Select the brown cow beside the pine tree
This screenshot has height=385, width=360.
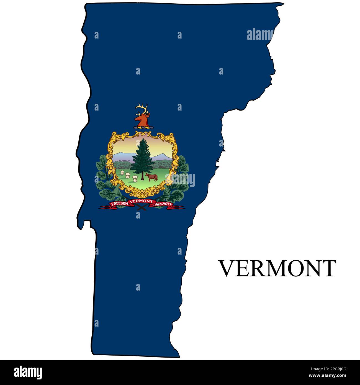click(x=151, y=177)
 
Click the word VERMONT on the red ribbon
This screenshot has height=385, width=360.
click(x=141, y=201)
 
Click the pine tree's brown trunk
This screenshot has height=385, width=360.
click(x=142, y=176)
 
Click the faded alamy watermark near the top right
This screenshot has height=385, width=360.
click(x=260, y=35)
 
